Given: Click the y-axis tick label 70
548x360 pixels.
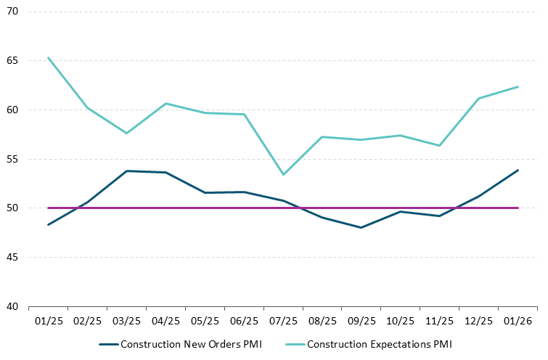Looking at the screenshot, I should pyautogui.click(x=13, y=12).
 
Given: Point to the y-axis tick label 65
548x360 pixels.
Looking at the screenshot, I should pyautogui.click(x=13, y=61).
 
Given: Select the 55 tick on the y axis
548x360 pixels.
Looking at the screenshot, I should pyautogui.click(x=13, y=159).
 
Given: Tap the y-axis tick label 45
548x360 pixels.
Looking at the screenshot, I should pyautogui.click(x=13, y=257).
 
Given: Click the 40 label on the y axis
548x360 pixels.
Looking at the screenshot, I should pyautogui.click(x=13, y=306).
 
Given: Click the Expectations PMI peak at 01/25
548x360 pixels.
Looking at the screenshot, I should pyautogui.click(x=48, y=57).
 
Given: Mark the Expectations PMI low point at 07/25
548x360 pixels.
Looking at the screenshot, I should pyautogui.click(x=283, y=174).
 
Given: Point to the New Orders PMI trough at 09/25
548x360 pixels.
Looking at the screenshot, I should pyautogui.click(x=361, y=228).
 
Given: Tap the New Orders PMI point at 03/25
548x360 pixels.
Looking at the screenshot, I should pyautogui.click(x=126, y=171).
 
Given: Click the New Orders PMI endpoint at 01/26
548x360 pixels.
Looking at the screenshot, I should pyautogui.click(x=518, y=170).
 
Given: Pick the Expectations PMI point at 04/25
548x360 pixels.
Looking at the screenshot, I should pyautogui.click(x=165, y=103).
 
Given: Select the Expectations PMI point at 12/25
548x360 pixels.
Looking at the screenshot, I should pyautogui.click(x=479, y=98).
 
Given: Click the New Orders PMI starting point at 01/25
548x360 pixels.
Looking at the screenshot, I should pyautogui.click(x=48, y=225).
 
